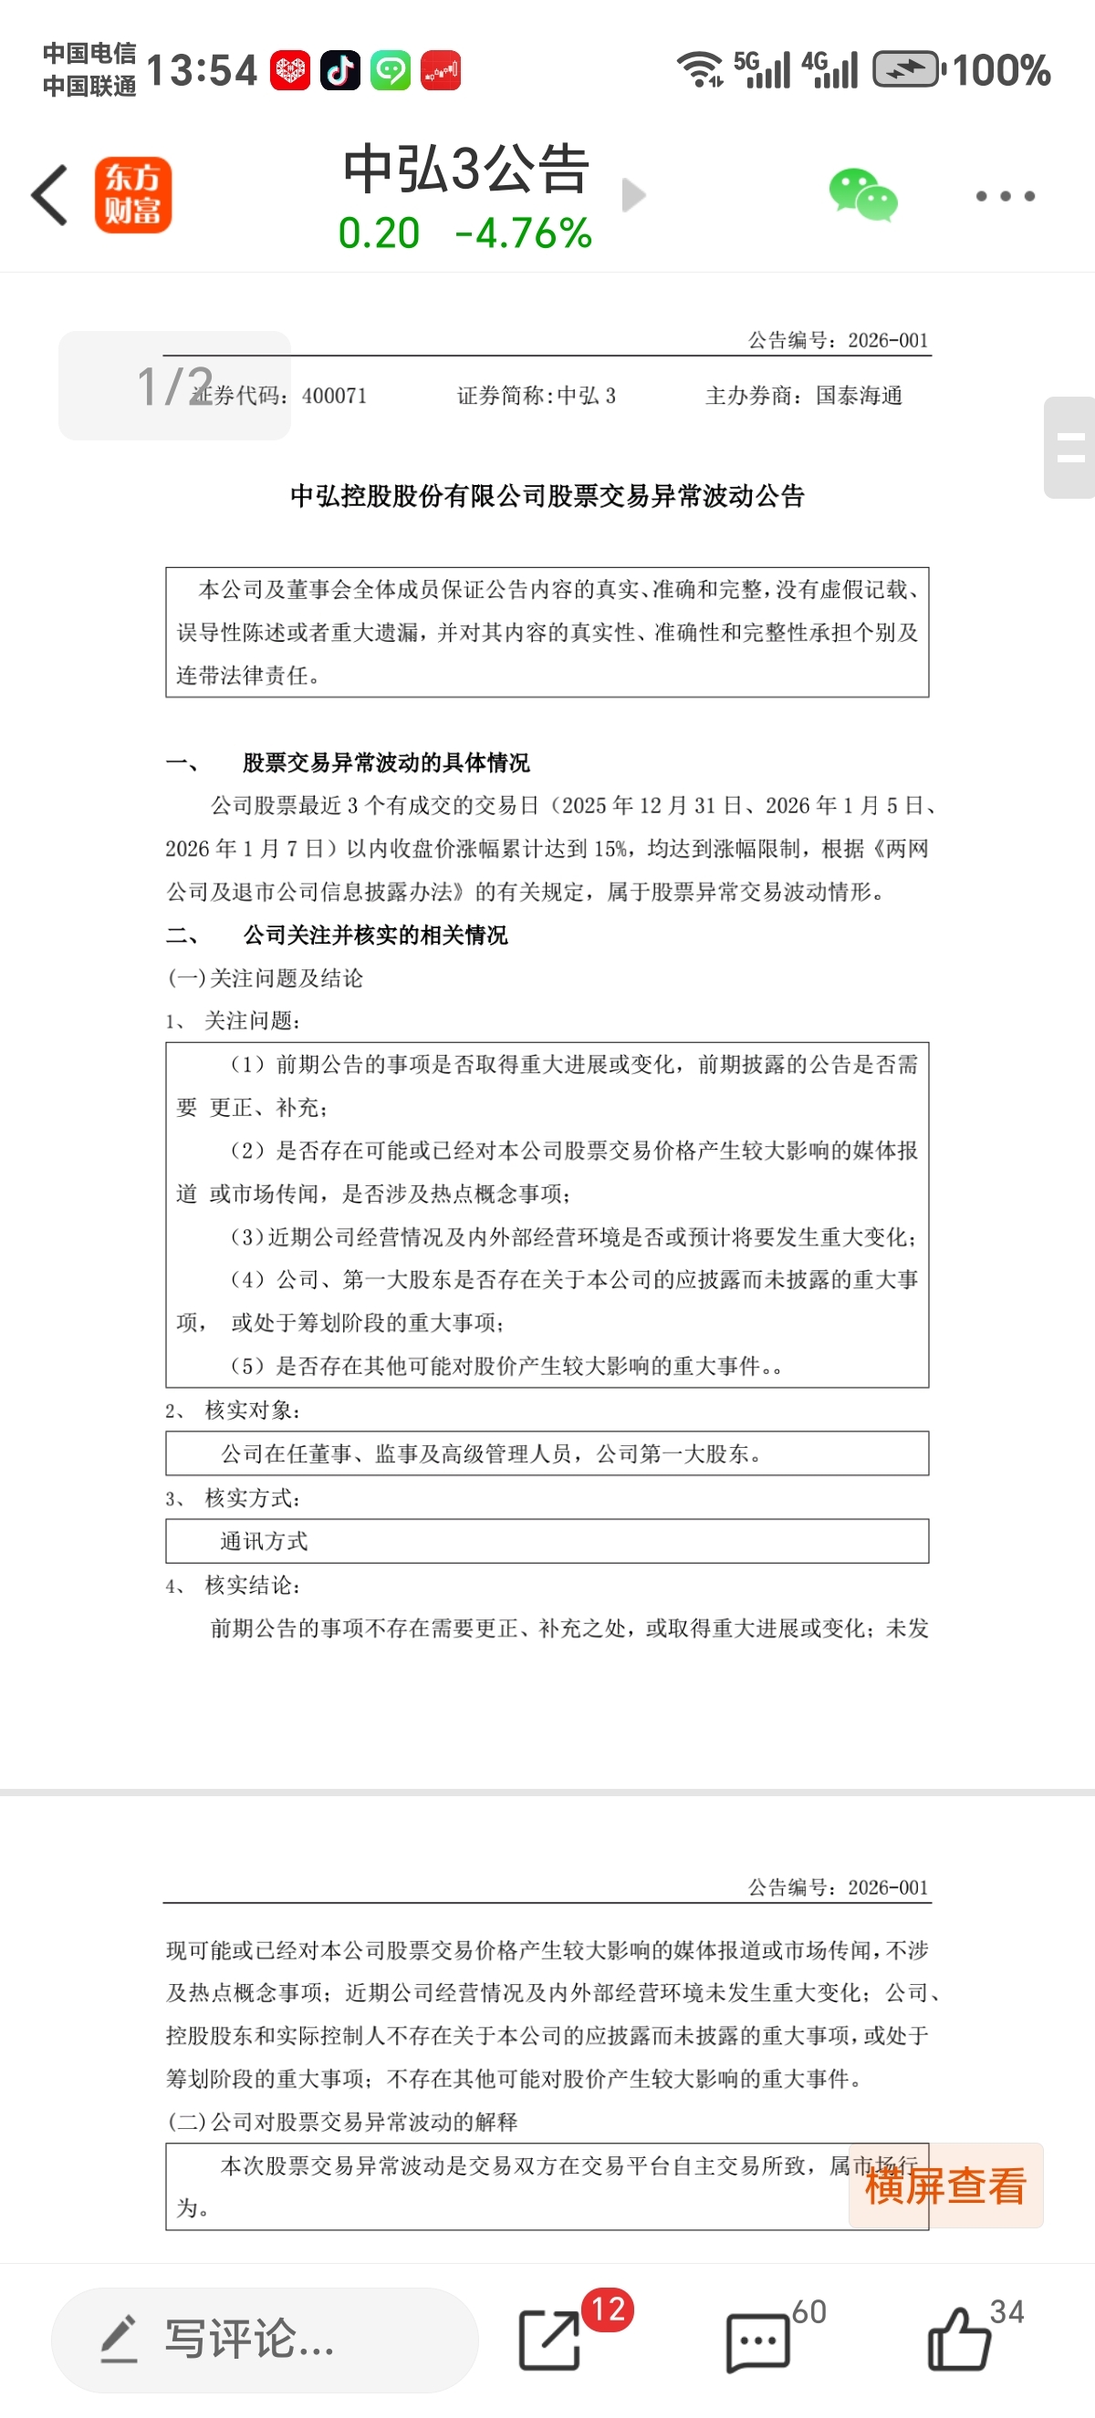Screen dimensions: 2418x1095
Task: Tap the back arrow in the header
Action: [x=50, y=195]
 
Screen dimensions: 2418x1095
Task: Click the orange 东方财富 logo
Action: [x=132, y=194]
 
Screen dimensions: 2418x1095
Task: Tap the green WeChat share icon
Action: [x=862, y=194]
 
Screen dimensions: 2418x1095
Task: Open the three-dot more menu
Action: [x=1004, y=195]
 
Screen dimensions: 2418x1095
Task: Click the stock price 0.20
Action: [x=379, y=232]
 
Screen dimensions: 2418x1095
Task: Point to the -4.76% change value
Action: [x=523, y=232]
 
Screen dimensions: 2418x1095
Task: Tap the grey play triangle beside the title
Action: [x=634, y=195]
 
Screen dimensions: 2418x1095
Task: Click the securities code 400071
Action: [x=333, y=396]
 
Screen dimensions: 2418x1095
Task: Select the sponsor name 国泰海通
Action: [x=859, y=396]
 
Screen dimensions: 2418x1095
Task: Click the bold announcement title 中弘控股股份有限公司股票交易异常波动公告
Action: [x=547, y=496]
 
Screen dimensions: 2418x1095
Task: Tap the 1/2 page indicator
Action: [x=173, y=385]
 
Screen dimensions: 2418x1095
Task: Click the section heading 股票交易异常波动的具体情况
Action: [x=386, y=762]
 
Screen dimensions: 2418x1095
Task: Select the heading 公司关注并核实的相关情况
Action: [x=375, y=935]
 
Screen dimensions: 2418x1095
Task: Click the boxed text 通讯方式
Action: [x=264, y=1541]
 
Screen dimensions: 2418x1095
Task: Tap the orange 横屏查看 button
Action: [x=944, y=2185]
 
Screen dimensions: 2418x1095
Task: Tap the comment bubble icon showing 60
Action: [x=758, y=2341]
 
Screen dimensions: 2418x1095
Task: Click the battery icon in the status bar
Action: [x=906, y=69]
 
